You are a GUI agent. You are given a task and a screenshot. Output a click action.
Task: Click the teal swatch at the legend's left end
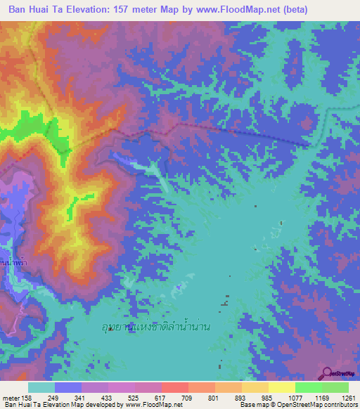point(41,387)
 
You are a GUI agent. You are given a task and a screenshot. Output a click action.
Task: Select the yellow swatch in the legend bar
point(281,387)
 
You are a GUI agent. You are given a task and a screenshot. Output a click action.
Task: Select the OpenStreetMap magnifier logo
point(328,374)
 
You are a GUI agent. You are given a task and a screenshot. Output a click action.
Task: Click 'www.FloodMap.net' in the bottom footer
point(149,405)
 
